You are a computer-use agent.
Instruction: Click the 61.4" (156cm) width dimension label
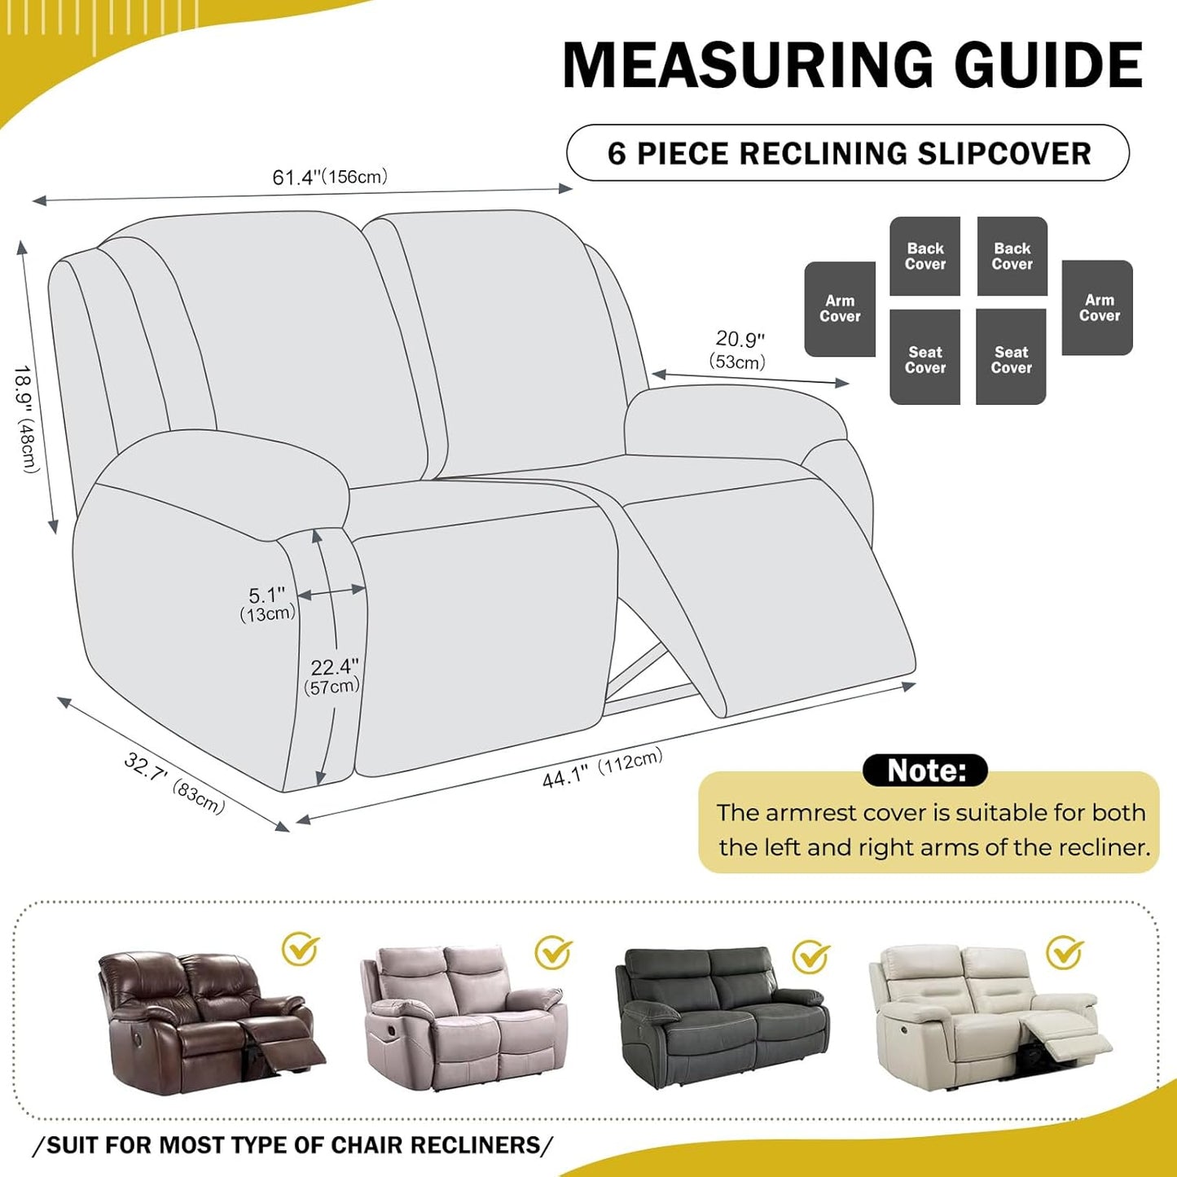tap(330, 177)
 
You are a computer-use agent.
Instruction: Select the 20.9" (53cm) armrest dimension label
tap(739, 349)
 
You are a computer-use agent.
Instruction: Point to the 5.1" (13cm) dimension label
tap(267, 604)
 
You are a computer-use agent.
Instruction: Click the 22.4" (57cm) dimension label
tap(332, 676)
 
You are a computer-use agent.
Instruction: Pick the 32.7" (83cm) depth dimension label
tap(173, 783)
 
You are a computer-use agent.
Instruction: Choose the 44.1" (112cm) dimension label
tap(602, 768)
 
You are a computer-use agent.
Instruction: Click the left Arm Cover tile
tap(840, 309)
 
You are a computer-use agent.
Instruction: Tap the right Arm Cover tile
tap(1098, 308)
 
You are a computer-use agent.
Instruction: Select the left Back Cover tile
tap(925, 256)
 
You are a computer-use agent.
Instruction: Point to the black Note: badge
tap(925, 770)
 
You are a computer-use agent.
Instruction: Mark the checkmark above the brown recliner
tap(300, 949)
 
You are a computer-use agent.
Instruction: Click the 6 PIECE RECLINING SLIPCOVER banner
tap(848, 153)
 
